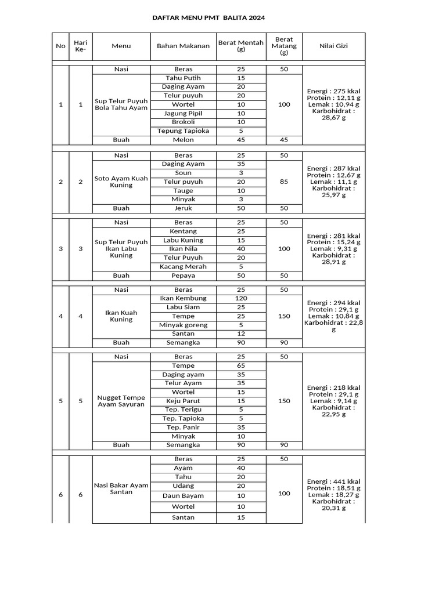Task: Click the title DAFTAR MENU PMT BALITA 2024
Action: (208, 18)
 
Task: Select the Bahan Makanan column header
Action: (183, 46)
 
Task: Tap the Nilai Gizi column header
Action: (333, 46)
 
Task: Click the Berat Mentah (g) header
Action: (241, 46)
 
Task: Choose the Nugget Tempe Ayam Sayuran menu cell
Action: (121, 401)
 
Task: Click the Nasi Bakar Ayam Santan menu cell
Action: (121, 488)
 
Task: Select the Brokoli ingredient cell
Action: (183, 122)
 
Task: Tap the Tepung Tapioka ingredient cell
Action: (183, 131)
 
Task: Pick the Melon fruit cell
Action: (183, 140)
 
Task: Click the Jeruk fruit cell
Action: (183, 208)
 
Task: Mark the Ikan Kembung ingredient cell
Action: (183, 299)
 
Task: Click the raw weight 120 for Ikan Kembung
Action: (241, 299)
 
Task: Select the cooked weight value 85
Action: (284, 182)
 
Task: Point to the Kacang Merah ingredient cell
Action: (183, 267)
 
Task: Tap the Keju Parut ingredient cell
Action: (183, 401)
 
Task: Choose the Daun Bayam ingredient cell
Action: (183, 496)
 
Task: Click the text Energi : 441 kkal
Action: (333, 481)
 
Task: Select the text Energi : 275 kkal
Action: (333, 91)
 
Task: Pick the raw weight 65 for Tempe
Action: (241, 366)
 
